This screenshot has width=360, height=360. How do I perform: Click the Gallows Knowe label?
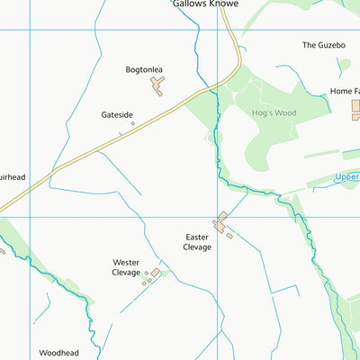(x=206, y=4)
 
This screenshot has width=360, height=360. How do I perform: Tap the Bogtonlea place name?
(x=149, y=68)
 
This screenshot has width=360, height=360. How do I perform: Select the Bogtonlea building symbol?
(x=158, y=85)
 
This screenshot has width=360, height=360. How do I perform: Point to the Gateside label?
(x=118, y=115)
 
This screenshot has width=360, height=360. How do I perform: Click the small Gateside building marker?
(x=133, y=124)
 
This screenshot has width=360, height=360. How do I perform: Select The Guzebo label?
(x=323, y=44)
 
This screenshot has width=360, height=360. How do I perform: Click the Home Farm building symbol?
(x=355, y=110)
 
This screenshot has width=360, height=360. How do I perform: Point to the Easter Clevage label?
(x=197, y=242)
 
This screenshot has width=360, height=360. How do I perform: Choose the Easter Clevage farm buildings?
(x=220, y=222)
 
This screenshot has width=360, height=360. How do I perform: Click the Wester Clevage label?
(x=126, y=267)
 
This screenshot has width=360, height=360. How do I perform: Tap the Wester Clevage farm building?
(x=155, y=272)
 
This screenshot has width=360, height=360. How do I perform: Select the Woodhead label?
(x=59, y=354)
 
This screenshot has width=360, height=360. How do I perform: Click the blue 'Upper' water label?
(x=346, y=176)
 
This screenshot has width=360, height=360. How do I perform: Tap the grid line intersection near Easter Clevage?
(x=218, y=216)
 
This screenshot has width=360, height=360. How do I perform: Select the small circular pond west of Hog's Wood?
(x=212, y=138)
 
